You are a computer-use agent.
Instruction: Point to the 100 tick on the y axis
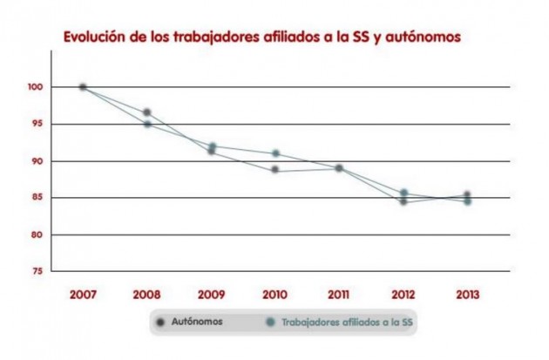pos(34,87)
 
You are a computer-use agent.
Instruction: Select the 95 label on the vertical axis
pos(36,124)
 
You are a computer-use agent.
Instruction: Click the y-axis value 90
pos(36,161)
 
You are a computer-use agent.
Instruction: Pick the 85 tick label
pos(36,198)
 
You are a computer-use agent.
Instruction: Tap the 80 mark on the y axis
pos(36,235)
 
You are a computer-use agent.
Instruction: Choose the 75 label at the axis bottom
pos(36,272)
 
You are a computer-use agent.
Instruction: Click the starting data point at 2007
pos(83,87)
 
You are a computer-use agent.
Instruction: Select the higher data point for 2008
pos(147,112)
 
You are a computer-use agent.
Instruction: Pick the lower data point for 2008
pos(147,125)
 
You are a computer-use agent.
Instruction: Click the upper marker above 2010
pos(275,153)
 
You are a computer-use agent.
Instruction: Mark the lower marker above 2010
pos(275,169)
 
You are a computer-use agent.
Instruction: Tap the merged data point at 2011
pos(339,167)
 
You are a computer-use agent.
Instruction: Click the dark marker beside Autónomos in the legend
pos(161,322)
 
